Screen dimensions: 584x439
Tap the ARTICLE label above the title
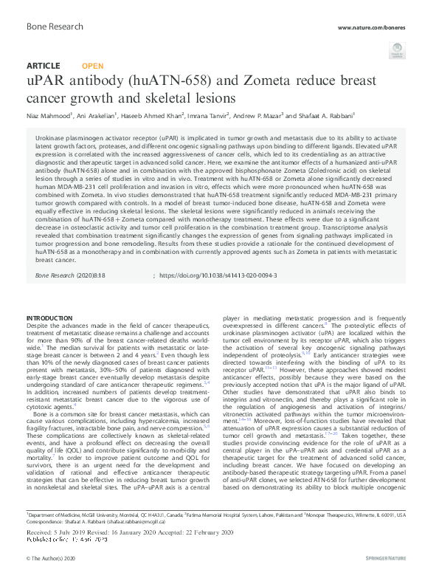click(x=43, y=66)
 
